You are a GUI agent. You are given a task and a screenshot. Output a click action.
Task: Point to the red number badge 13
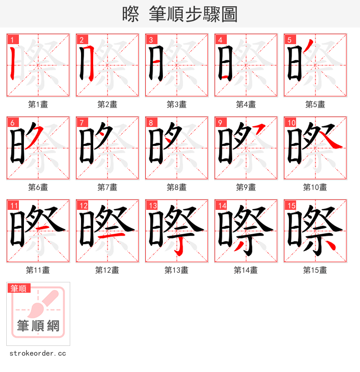click(x=153, y=206)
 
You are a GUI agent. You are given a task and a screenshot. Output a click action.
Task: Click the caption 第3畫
click(x=176, y=104)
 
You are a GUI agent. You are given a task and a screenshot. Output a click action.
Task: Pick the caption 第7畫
click(x=107, y=187)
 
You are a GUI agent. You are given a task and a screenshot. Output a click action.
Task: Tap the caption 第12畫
click(x=107, y=270)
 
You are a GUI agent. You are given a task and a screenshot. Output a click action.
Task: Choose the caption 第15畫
click(x=315, y=270)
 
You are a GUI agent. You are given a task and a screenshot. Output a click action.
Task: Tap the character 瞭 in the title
click(x=130, y=14)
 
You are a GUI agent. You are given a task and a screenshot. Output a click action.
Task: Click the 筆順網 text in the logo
click(x=38, y=325)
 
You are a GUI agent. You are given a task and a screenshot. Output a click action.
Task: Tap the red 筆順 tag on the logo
click(x=19, y=288)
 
